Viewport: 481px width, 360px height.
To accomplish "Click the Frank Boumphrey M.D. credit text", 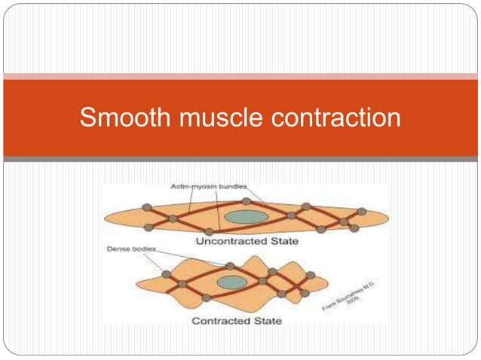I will pyautogui.click(x=355, y=298).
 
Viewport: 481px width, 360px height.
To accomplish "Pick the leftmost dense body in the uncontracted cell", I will pyautogui.click(x=146, y=207).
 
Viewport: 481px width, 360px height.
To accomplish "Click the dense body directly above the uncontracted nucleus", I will pyautogui.click(x=246, y=201).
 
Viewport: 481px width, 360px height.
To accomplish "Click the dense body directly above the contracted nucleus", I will pyautogui.click(x=230, y=266).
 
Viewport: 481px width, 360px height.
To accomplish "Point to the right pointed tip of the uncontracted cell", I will pyautogui.click(x=388, y=218).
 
